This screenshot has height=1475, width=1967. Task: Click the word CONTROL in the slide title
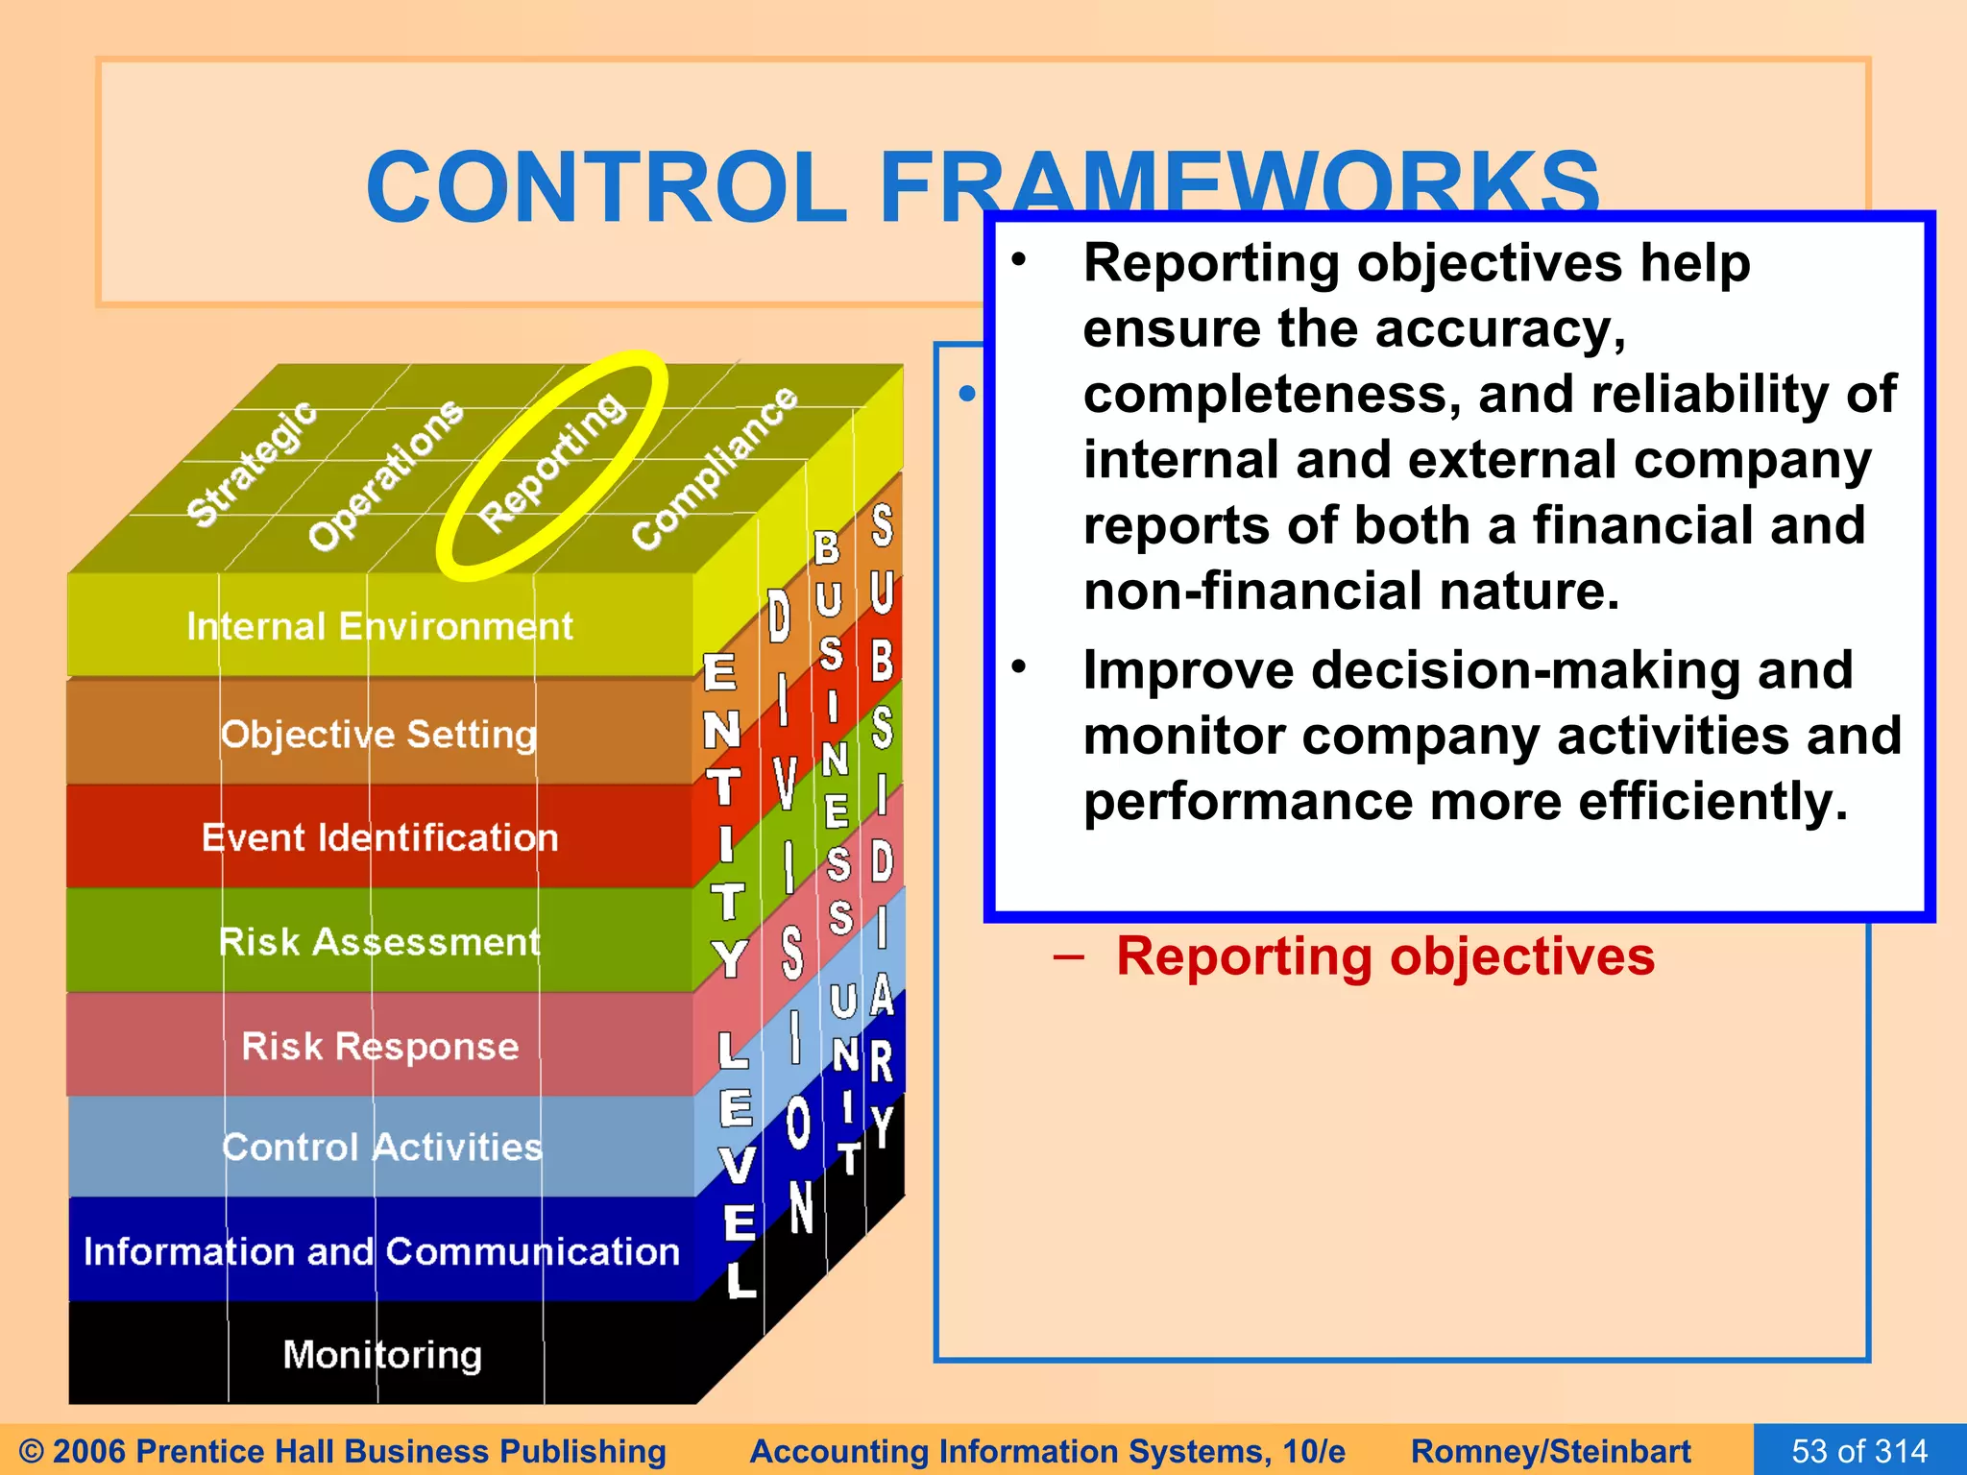click(606, 187)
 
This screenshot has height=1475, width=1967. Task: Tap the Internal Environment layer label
click(379, 627)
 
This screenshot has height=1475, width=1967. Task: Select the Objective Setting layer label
click(378, 735)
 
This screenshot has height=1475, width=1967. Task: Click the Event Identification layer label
click(379, 838)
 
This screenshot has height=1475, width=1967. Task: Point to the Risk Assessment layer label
click(379, 942)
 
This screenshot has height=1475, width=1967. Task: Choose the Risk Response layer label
click(379, 1046)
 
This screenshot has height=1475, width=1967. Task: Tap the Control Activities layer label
click(381, 1148)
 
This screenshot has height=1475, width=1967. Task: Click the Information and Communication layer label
click(381, 1252)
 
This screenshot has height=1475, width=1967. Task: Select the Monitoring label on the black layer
click(382, 1355)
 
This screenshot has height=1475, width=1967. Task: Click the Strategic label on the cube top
click(252, 464)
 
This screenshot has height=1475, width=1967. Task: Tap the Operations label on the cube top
click(385, 475)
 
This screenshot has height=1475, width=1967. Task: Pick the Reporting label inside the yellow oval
click(553, 462)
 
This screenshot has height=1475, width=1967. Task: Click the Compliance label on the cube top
click(715, 468)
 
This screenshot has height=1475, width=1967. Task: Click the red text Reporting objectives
click(1385, 956)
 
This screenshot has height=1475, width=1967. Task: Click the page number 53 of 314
click(1859, 1450)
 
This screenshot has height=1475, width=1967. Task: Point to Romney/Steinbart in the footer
click(1550, 1451)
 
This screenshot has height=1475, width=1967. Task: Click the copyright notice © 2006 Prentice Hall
click(342, 1451)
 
